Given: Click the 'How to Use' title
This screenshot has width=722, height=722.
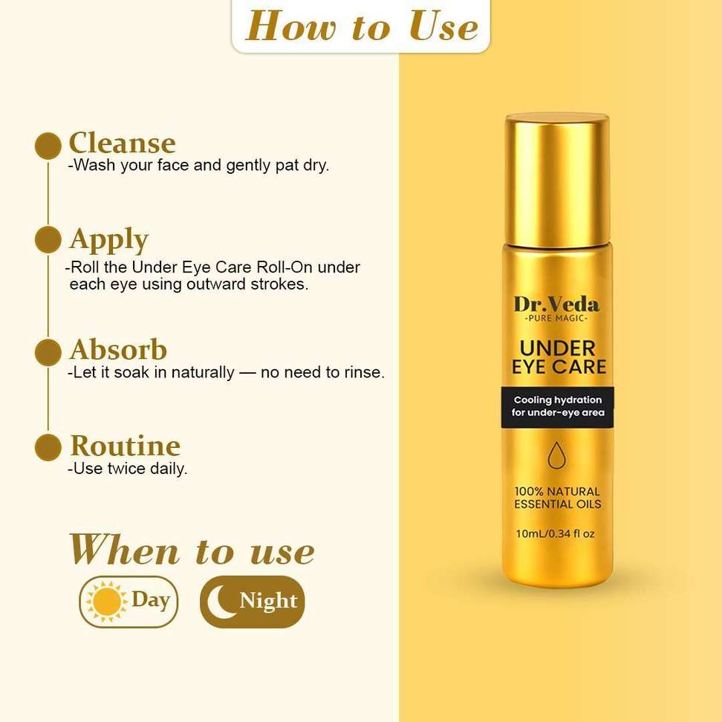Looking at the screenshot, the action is coord(362,26).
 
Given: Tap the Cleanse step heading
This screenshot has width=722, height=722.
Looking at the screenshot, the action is coord(122,143).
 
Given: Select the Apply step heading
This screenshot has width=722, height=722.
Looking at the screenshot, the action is coord(109,240).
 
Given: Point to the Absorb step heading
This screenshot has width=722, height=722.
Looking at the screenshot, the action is coord(118,349).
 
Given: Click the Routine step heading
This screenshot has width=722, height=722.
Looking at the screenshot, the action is coord(126,446).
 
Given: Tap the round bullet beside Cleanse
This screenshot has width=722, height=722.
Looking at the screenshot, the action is coord(48,146).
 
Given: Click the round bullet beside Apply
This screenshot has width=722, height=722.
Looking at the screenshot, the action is coord(48,239).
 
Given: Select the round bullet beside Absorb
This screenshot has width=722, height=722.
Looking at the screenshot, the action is coord(48,352).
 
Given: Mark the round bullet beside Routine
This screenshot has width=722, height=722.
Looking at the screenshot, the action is coord(48,447).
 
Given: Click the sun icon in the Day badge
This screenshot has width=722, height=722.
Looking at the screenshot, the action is coord(107,602).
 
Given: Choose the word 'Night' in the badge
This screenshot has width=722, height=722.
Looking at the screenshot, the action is coord(268,601).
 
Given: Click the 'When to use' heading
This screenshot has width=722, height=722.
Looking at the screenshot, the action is coord(192,550).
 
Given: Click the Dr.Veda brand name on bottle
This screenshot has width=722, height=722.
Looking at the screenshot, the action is coord(556,305).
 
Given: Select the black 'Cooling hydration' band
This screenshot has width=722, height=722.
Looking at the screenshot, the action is coord(557,407).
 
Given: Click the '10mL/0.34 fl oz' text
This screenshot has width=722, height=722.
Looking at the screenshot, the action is coord(556,533).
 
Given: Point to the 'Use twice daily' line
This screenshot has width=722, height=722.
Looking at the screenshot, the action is coord(128,469).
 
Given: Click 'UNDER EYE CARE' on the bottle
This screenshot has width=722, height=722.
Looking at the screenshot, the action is coord(559,358).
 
